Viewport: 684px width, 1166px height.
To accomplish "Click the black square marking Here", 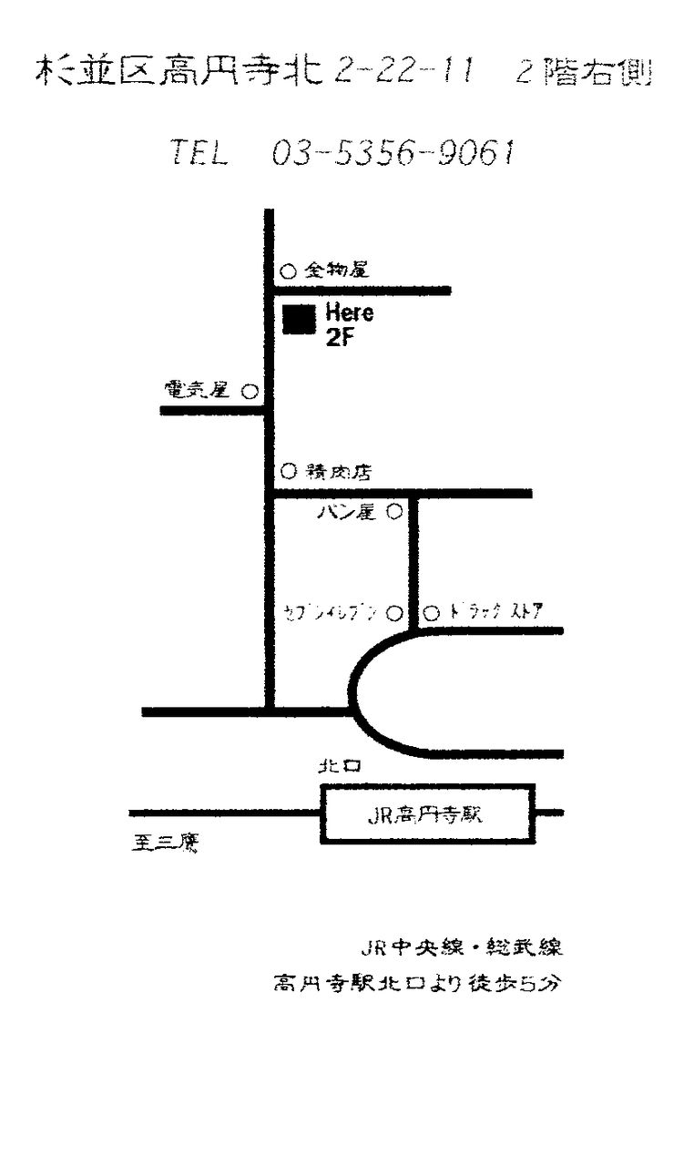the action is click(x=299, y=320).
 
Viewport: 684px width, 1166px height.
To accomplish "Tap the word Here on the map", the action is click(x=350, y=313).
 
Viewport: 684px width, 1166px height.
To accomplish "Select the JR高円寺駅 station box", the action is click(x=427, y=813).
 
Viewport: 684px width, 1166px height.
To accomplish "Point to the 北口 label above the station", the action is click(x=339, y=767).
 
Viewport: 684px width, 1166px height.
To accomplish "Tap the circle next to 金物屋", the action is click(x=287, y=271).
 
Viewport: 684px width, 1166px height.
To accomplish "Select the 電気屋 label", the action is click(x=196, y=390).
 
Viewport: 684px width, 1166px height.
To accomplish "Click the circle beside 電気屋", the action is click(x=249, y=392).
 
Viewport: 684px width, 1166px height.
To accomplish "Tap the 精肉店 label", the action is click(x=338, y=472).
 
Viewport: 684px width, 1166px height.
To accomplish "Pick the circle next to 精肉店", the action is click(x=288, y=471).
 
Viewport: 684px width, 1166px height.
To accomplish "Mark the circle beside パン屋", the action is click(x=394, y=512).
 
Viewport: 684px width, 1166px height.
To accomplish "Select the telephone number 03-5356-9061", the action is click(x=393, y=154).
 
